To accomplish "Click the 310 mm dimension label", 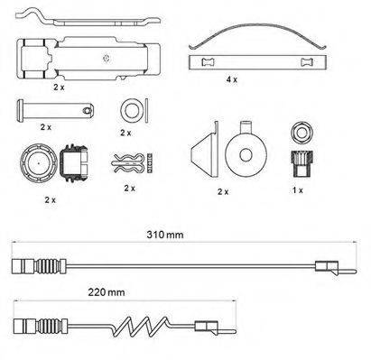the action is pyautogui.click(x=165, y=235).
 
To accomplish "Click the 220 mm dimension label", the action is pyautogui.click(x=107, y=292).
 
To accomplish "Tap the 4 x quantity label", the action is pyautogui.click(x=232, y=79).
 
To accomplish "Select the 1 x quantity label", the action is pyautogui.click(x=298, y=190).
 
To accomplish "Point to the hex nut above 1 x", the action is pyautogui.click(x=302, y=133).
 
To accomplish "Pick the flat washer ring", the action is pyautogui.click(x=132, y=110).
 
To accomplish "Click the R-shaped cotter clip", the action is pyautogui.click(x=128, y=163).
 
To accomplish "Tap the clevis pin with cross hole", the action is pyautogui.click(x=55, y=111).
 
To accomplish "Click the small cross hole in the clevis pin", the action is pyautogui.click(x=87, y=111).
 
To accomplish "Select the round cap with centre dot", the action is pyautogui.click(x=39, y=163).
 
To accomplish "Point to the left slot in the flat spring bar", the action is pyautogui.click(x=208, y=62).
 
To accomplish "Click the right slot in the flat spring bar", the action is pyautogui.click(x=307, y=62).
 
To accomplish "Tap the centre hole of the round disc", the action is pyautogui.click(x=246, y=154).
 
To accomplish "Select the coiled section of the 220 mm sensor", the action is pyautogui.click(x=141, y=326).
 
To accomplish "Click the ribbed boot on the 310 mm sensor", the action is pyautogui.click(x=48, y=266).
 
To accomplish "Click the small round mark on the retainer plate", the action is pyautogui.click(x=106, y=59).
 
